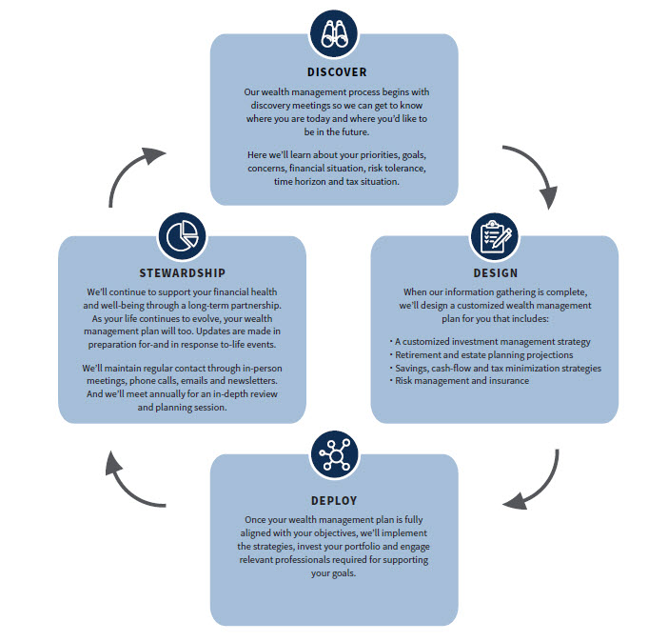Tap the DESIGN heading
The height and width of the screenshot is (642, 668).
coord(495,273)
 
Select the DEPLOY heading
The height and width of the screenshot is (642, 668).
coord(333,500)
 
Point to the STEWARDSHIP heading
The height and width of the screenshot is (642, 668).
coord(181,270)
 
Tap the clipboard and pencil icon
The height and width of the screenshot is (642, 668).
coord(495,235)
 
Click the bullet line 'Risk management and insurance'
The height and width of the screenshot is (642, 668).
coord(459,381)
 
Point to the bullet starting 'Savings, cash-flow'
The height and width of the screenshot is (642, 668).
coord(495,368)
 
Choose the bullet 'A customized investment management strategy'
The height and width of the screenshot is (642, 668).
coord(490,341)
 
